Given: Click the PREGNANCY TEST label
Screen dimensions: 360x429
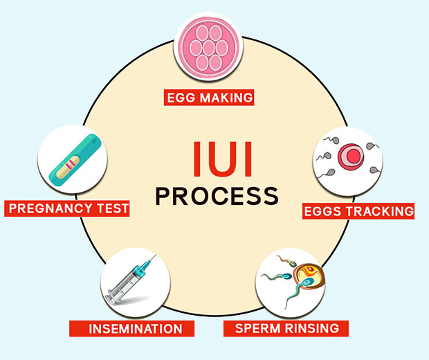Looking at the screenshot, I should tap(69, 208).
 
